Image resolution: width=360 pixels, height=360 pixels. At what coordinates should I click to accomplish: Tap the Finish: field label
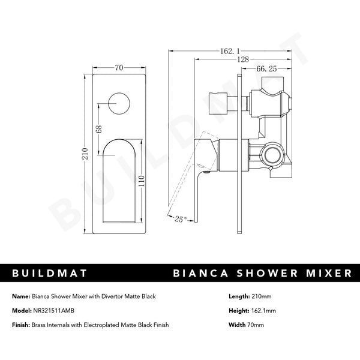pos(20,325)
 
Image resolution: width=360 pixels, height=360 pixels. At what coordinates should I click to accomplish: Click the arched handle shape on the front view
pos(124,180)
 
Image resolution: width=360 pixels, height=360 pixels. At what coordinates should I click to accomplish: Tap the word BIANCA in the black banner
pos(203,274)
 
